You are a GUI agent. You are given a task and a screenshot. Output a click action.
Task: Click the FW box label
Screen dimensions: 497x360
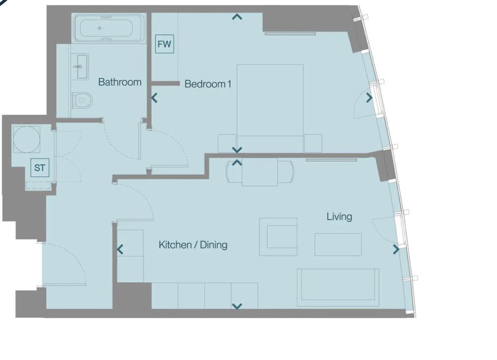coord(164,44)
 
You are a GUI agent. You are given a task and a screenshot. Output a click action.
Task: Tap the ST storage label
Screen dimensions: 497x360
coord(40,168)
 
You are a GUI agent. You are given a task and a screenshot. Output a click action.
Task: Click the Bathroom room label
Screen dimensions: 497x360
coord(120,82)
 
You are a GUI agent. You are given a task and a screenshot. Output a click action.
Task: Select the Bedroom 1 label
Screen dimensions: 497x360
coord(208,84)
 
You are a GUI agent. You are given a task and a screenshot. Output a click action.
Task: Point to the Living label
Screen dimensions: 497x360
coord(340,217)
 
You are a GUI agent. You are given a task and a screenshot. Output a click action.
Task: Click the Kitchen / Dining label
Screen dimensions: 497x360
coord(193,245)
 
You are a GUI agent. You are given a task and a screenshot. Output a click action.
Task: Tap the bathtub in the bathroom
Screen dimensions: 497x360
coord(106,29)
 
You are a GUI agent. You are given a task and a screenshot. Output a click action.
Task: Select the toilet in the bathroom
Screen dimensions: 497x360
coord(82,100)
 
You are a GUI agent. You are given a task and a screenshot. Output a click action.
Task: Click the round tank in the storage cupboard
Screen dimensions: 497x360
coord(27,139)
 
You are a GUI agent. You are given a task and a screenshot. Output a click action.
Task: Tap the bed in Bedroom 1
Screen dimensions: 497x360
coord(270,108)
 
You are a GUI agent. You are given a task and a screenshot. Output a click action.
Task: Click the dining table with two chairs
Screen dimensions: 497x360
coord(260,173)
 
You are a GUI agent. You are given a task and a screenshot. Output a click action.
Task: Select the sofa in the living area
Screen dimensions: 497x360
coord(338,287)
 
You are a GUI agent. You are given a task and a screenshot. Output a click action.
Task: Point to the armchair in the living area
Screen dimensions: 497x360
coord(279,237)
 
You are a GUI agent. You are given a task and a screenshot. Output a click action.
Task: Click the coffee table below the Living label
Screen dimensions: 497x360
coord(338,244)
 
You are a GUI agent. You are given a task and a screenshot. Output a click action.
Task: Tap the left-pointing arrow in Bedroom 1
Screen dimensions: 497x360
coord(155,98)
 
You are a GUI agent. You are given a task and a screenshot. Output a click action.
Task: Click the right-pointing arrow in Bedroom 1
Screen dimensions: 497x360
coord(369,97)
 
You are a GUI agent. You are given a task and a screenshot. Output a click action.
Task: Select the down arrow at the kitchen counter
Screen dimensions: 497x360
coord(237,306)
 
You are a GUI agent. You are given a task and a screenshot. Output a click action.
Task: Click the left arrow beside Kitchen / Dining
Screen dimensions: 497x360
coord(120,250)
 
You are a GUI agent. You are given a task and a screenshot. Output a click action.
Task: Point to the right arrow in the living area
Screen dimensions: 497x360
coord(396,249)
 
